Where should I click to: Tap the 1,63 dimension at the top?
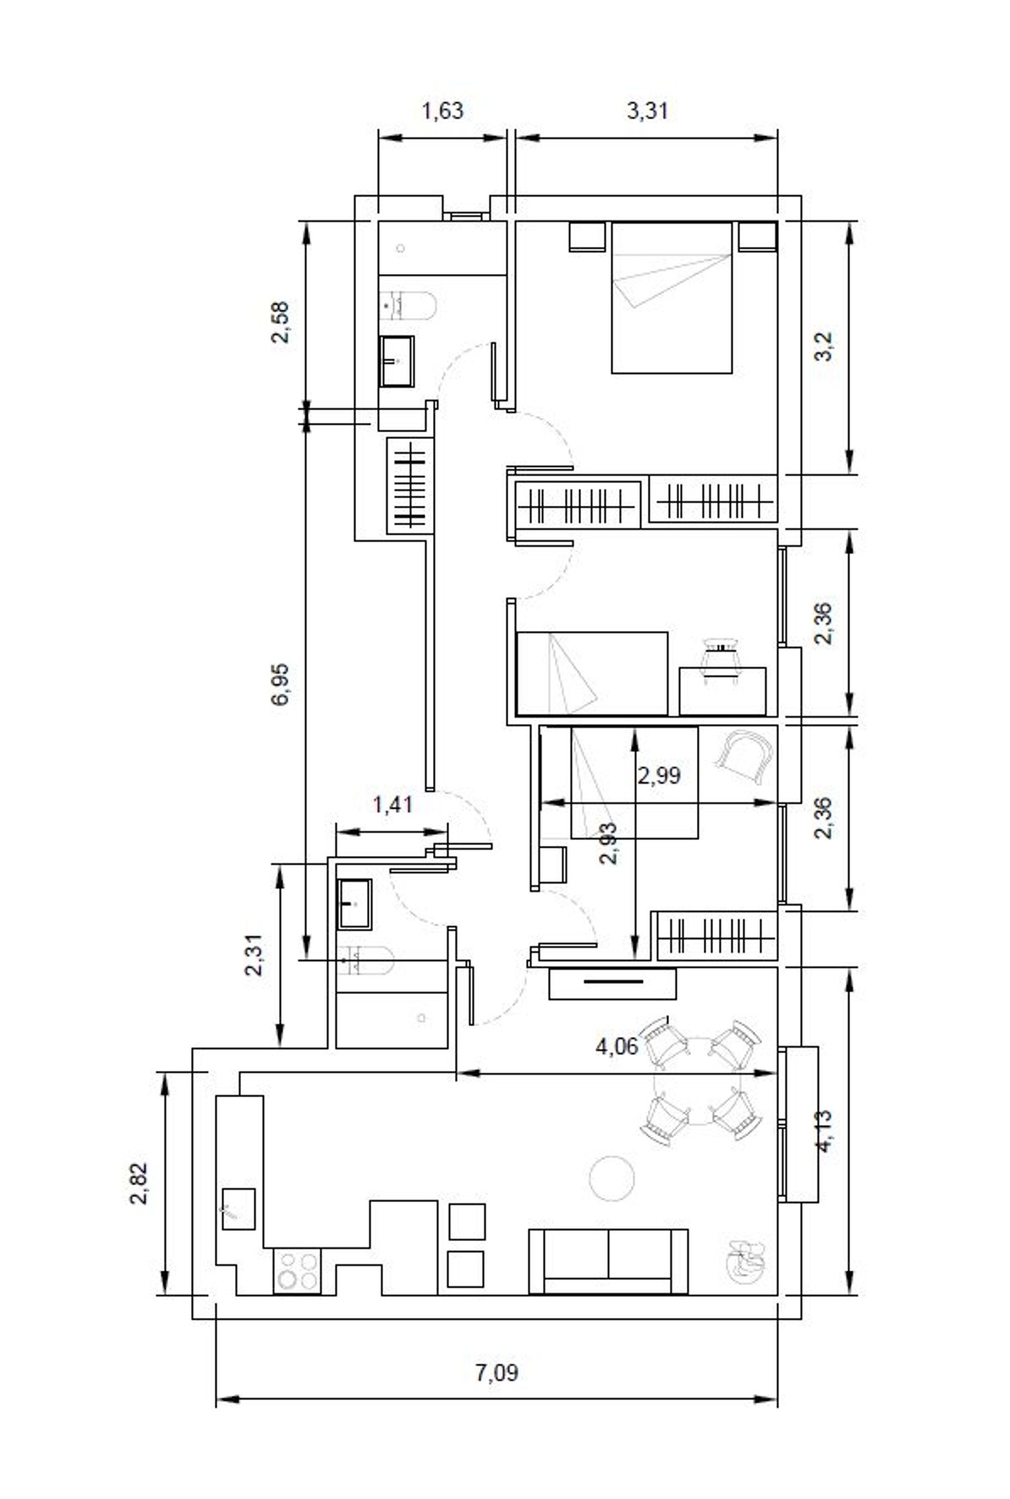(442, 110)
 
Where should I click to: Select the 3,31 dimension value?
(647, 110)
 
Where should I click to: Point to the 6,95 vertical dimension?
(281, 684)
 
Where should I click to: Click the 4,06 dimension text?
(616, 1066)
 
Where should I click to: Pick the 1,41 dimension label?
(393, 803)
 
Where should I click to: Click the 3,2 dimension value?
(824, 346)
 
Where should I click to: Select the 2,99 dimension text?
(659, 775)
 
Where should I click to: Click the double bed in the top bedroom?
(671, 297)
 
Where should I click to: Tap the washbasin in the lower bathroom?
(355, 904)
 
